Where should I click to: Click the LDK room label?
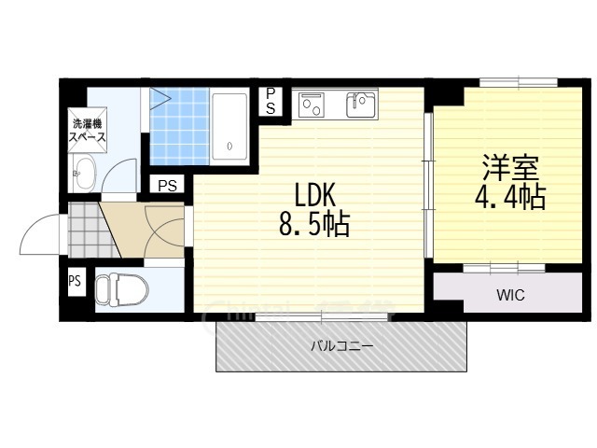[315, 195]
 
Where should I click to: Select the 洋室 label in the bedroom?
[510, 167]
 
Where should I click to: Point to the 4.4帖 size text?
[510, 197]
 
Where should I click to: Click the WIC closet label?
[510, 295]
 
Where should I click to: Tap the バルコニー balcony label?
[342, 346]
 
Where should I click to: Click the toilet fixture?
[121, 289]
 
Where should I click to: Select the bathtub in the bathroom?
[229, 127]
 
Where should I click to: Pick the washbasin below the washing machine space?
[85, 174]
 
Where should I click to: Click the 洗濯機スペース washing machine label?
[87, 130]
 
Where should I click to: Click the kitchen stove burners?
[311, 104]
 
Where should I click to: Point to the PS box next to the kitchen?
[271, 102]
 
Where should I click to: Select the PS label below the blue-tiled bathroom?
[168, 185]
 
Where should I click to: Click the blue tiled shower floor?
[180, 127]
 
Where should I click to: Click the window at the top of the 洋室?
[519, 81]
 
